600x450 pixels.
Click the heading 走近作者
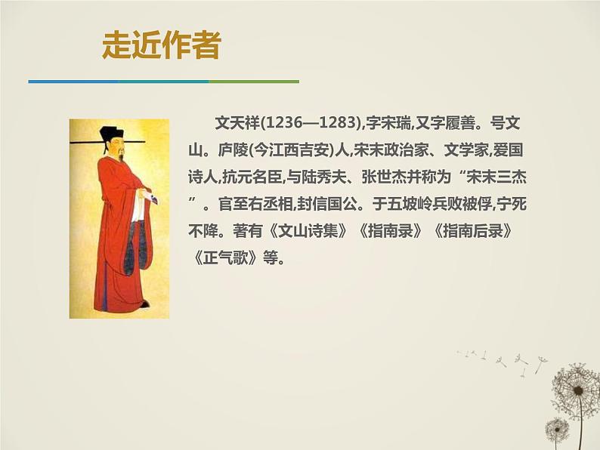(x=161, y=46)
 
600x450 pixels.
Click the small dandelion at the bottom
(x=557, y=430)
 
